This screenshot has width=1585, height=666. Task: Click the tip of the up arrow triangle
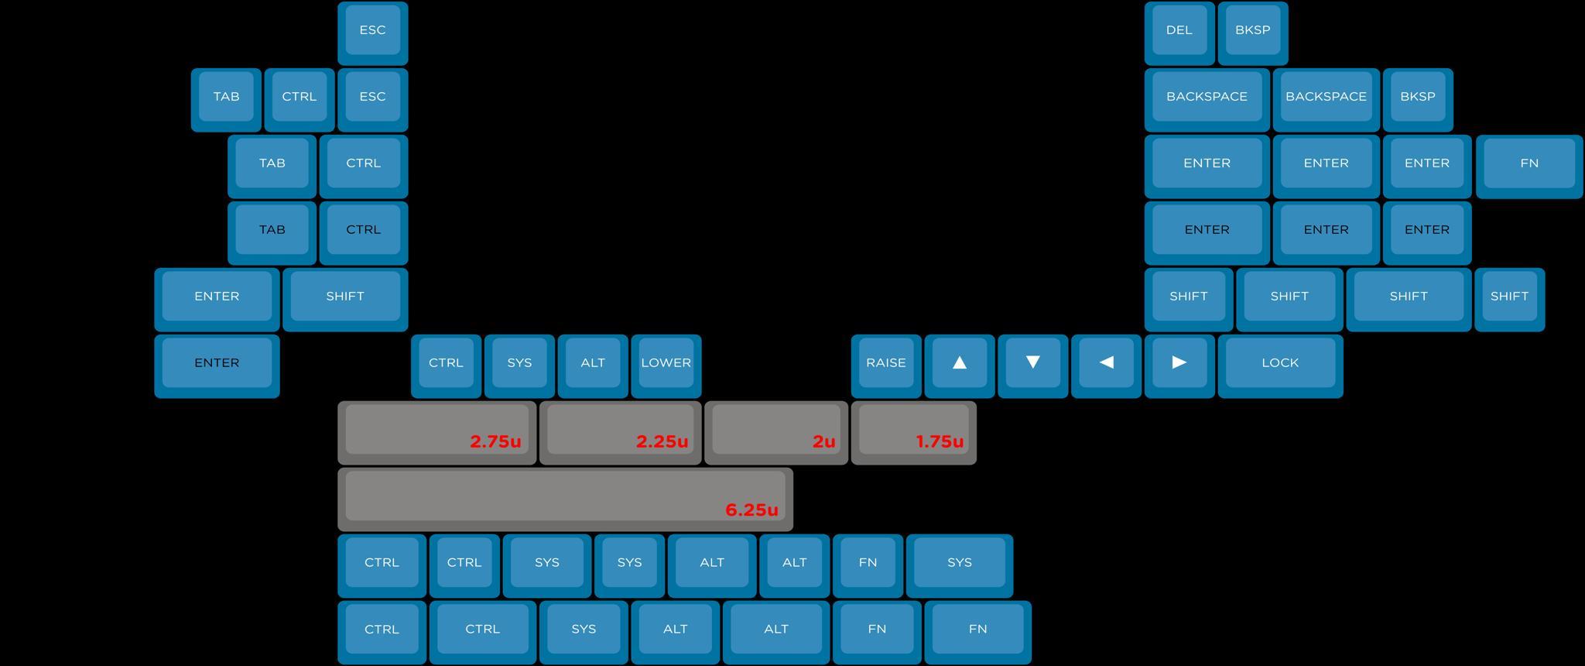[960, 355]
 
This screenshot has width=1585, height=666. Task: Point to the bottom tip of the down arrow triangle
[1032, 369]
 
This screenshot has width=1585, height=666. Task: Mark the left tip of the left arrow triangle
[1100, 362]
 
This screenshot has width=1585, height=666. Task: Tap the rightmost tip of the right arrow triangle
[1186, 362]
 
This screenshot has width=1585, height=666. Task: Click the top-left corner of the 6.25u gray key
[338, 469]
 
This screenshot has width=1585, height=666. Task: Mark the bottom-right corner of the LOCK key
[1343, 397]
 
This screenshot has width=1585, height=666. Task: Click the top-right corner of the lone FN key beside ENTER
[1583, 136]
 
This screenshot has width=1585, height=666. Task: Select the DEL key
[1179, 33]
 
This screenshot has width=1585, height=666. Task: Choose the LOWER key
[666, 366]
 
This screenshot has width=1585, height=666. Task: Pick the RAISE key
[886, 366]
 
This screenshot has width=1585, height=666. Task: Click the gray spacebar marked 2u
[776, 433]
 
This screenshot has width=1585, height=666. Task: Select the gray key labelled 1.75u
[914, 433]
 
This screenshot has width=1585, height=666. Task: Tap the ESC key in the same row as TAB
[373, 100]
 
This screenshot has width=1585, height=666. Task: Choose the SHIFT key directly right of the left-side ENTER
[345, 300]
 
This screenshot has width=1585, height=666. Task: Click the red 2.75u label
[495, 441]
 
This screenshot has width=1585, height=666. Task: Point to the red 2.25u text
[662, 441]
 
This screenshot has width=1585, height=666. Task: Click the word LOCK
[1280, 362]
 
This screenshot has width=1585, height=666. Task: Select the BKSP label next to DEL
[1252, 30]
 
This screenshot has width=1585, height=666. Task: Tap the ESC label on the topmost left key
[372, 30]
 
